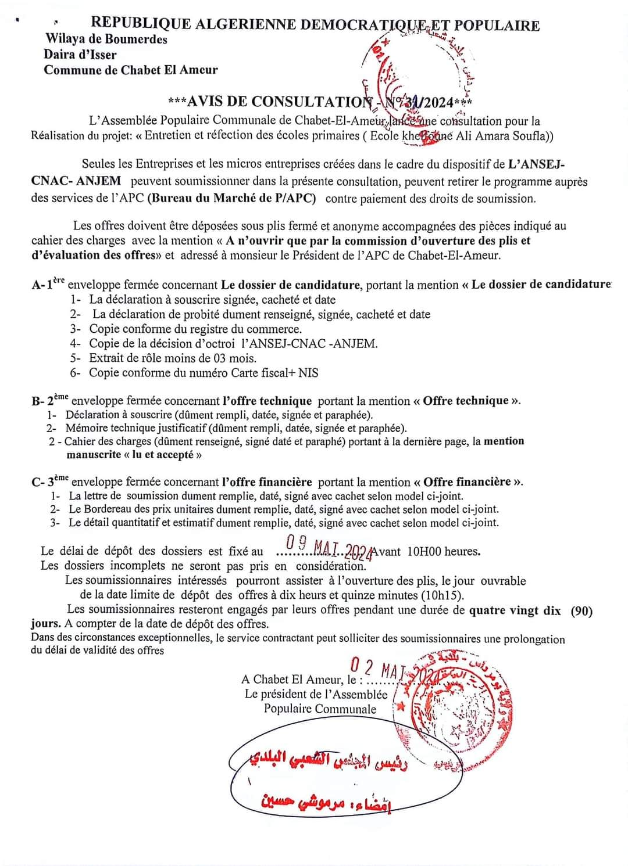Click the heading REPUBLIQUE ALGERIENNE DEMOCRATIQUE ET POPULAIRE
point(315,24)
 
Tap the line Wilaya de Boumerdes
point(106,39)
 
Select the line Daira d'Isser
point(80,55)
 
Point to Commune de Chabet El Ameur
point(131,70)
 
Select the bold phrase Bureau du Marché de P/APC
point(231,198)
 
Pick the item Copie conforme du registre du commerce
point(195,329)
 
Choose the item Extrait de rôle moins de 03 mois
point(172,358)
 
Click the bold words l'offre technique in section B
point(267,401)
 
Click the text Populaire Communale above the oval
point(320,709)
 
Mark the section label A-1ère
point(49,285)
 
